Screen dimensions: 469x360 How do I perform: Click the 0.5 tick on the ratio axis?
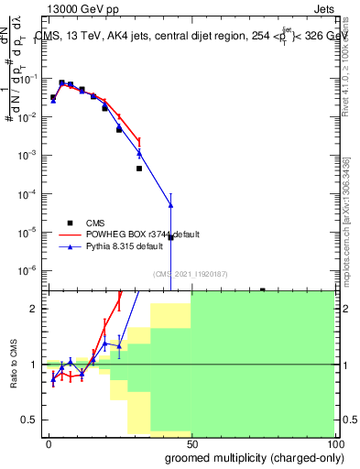coord(30,420)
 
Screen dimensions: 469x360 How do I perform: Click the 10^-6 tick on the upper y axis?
coord(30,270)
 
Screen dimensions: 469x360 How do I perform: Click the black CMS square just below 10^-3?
coord(139,169)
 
